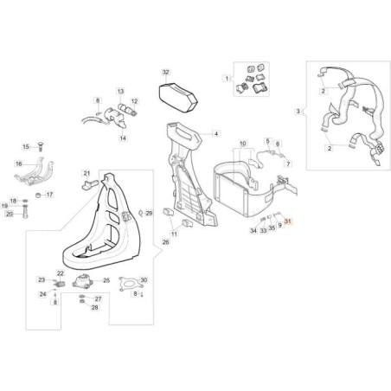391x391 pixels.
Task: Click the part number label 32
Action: click(165, 72)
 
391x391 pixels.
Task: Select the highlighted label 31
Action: click(288, 221)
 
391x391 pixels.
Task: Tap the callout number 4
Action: click(216, 133)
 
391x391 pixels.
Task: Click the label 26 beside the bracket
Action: click(165, 242)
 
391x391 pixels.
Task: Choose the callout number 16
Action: click(18, 163)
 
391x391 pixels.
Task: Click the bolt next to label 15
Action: click(40, 146)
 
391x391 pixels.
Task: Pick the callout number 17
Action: click(49, 195)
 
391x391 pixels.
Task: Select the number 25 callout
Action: click(106, 280)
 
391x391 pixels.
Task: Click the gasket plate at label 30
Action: click(131, 284)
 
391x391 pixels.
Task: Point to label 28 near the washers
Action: click(94, 308)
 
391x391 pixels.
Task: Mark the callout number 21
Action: click(87, 173)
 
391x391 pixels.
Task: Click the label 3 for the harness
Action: click(298, 111)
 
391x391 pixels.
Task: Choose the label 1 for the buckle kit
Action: click(227, 78)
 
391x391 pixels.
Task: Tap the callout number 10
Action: click(243, 144)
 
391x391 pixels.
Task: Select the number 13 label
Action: click(120, 92)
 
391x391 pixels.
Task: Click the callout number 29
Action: click(149, 214)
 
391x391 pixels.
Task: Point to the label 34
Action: click(253, 231)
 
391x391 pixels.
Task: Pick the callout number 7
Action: click(288, 163)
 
